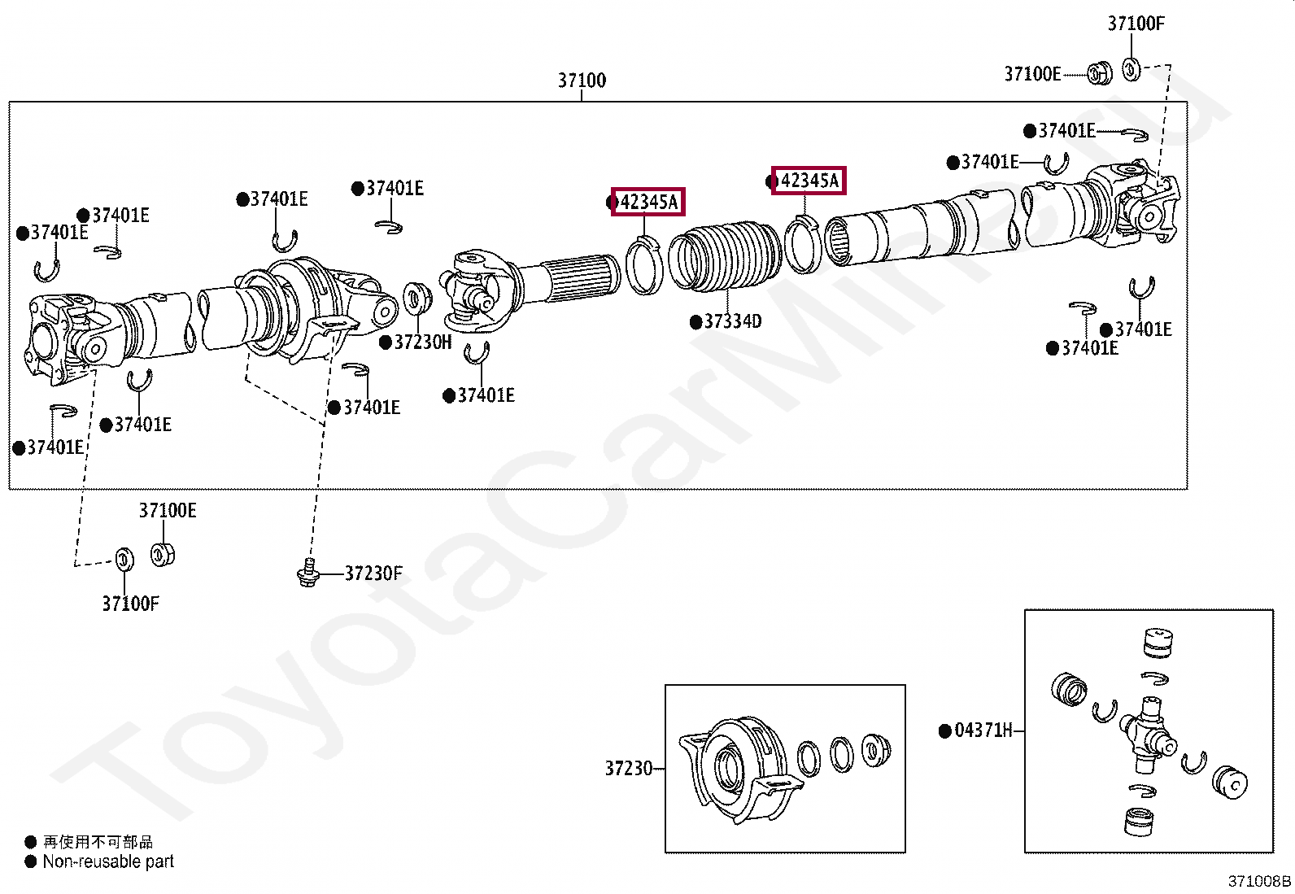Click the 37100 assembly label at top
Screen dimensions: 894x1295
[x=582, y=81]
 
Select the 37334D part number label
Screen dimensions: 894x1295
[x=732, y=321]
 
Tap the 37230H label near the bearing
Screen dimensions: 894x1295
[x=422, y=342]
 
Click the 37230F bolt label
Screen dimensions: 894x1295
[x=373, y=573]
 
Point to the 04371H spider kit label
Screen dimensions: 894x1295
[x=983, y=730]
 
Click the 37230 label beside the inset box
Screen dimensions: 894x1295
[x=628, y=768]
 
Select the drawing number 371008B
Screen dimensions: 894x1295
[x=1258, y=881]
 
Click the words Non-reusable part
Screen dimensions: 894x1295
[x=108, y=861]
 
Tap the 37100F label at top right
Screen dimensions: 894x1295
[x=1136, y=24]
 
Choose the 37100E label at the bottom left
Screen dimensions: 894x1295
[x=168, y=511]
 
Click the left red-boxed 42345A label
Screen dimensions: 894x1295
[x=648, y=202]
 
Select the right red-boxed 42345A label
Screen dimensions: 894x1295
[x=809, y=181]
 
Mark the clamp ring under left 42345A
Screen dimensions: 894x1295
[x=645, y=264]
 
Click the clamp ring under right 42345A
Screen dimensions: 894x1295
[x=803, y=243]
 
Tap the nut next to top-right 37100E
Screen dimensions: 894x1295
[x=1099, y=74]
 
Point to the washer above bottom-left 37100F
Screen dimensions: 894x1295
[x=124, y=559]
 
